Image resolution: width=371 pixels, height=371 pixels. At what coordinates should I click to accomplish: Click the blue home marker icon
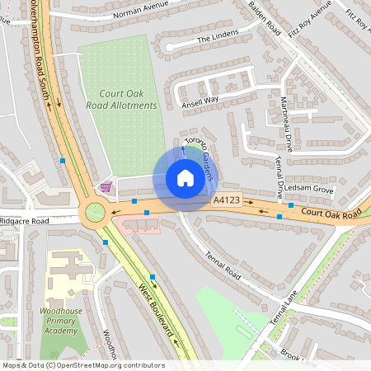click(185, 178)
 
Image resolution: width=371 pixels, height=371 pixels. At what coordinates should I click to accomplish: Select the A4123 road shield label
click(228, 200)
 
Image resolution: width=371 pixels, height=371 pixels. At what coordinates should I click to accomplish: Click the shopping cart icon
click(105, 186)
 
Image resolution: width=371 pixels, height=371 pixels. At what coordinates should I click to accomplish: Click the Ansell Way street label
click(200, 101)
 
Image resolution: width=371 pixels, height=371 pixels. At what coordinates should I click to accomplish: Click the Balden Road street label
click(265, 17)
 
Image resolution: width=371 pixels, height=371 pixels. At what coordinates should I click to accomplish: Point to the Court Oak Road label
click(331, 214)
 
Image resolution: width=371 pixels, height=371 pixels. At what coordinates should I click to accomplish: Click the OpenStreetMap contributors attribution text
click(82, 365)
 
